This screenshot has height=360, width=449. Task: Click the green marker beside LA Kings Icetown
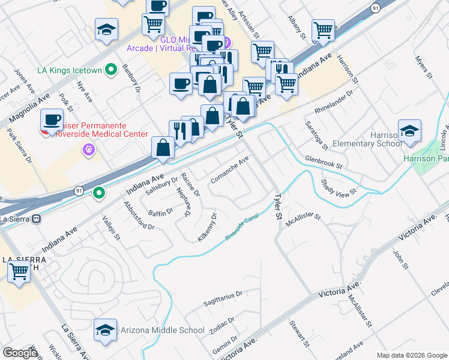coord(110,71)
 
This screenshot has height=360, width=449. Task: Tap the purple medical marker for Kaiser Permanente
coord(91,149)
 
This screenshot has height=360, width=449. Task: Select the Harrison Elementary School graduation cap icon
coord(409,131)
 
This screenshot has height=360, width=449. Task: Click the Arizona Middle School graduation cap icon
coord(105,329)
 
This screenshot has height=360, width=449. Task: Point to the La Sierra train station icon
coord(37,219)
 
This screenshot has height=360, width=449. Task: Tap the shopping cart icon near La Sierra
coord(19,272)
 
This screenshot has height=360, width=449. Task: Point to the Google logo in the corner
coord(20,353)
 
